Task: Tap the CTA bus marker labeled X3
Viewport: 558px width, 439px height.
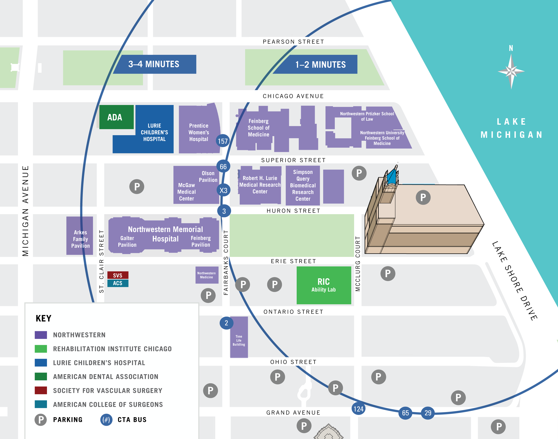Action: [x=223, y=190]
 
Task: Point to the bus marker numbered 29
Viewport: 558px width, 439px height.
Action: [x=428, y=413]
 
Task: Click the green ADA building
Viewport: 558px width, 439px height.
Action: [x=116, y=117]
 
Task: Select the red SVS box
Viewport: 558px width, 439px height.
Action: [x=118, y=275]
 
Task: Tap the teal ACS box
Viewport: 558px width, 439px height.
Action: [x=118, y=283]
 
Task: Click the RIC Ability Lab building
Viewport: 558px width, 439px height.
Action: [x=324, y=285]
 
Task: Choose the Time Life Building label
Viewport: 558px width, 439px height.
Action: [x=239, y=340]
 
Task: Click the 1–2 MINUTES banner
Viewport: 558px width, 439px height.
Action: [x=320, y=65]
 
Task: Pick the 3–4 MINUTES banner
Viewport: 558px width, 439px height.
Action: [x=154, y=64]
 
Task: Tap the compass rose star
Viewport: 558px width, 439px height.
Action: [x=511, y=71]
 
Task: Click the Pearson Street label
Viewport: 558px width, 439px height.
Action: [x=293, y=42]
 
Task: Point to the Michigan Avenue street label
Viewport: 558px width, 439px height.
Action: [x=25, y=211]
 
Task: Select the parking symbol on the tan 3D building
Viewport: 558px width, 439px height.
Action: [x=423, y=197]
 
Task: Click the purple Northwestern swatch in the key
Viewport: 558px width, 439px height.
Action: [x=41, y=335]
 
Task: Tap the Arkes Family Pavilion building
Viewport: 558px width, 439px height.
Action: [x=80, y=236]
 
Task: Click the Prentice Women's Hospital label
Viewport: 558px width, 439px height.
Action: [x=199, y=132]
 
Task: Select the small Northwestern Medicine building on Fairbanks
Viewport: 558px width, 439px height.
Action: [x=207, y=275]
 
